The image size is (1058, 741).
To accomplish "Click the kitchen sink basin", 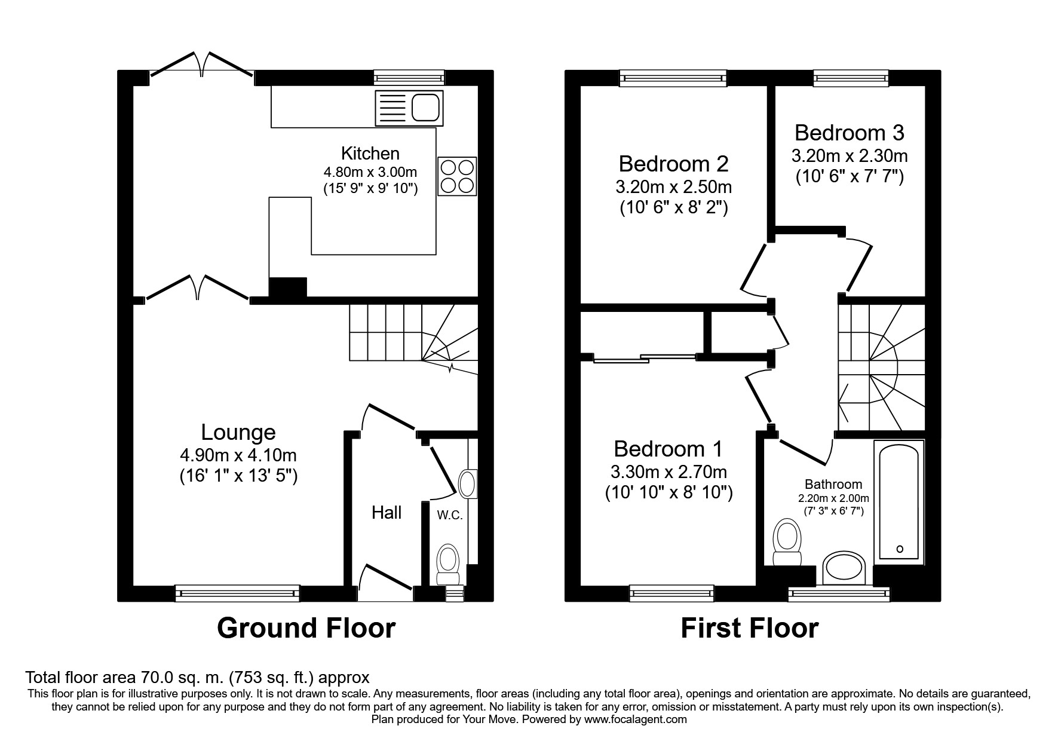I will (426, 108).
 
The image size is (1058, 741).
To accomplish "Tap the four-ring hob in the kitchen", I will (458, 176).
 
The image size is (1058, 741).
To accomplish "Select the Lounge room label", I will (238, 432).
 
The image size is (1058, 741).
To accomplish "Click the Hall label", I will (387, 512).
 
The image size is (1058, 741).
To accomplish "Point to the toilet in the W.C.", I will (447, 564).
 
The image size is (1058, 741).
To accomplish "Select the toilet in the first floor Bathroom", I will (787, 541).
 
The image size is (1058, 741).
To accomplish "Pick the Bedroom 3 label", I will (849, 132).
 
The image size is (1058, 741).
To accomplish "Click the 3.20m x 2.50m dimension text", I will (673, 186).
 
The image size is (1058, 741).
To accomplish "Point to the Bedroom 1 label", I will (668, 448).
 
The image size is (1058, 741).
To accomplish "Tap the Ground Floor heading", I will (306, 628).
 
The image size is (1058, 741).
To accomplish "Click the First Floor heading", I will (749, 628).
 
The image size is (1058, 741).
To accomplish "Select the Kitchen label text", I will (370, 153).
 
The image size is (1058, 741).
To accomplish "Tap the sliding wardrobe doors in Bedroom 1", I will (645, 358).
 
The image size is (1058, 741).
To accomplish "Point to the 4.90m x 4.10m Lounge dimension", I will (238, 455).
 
